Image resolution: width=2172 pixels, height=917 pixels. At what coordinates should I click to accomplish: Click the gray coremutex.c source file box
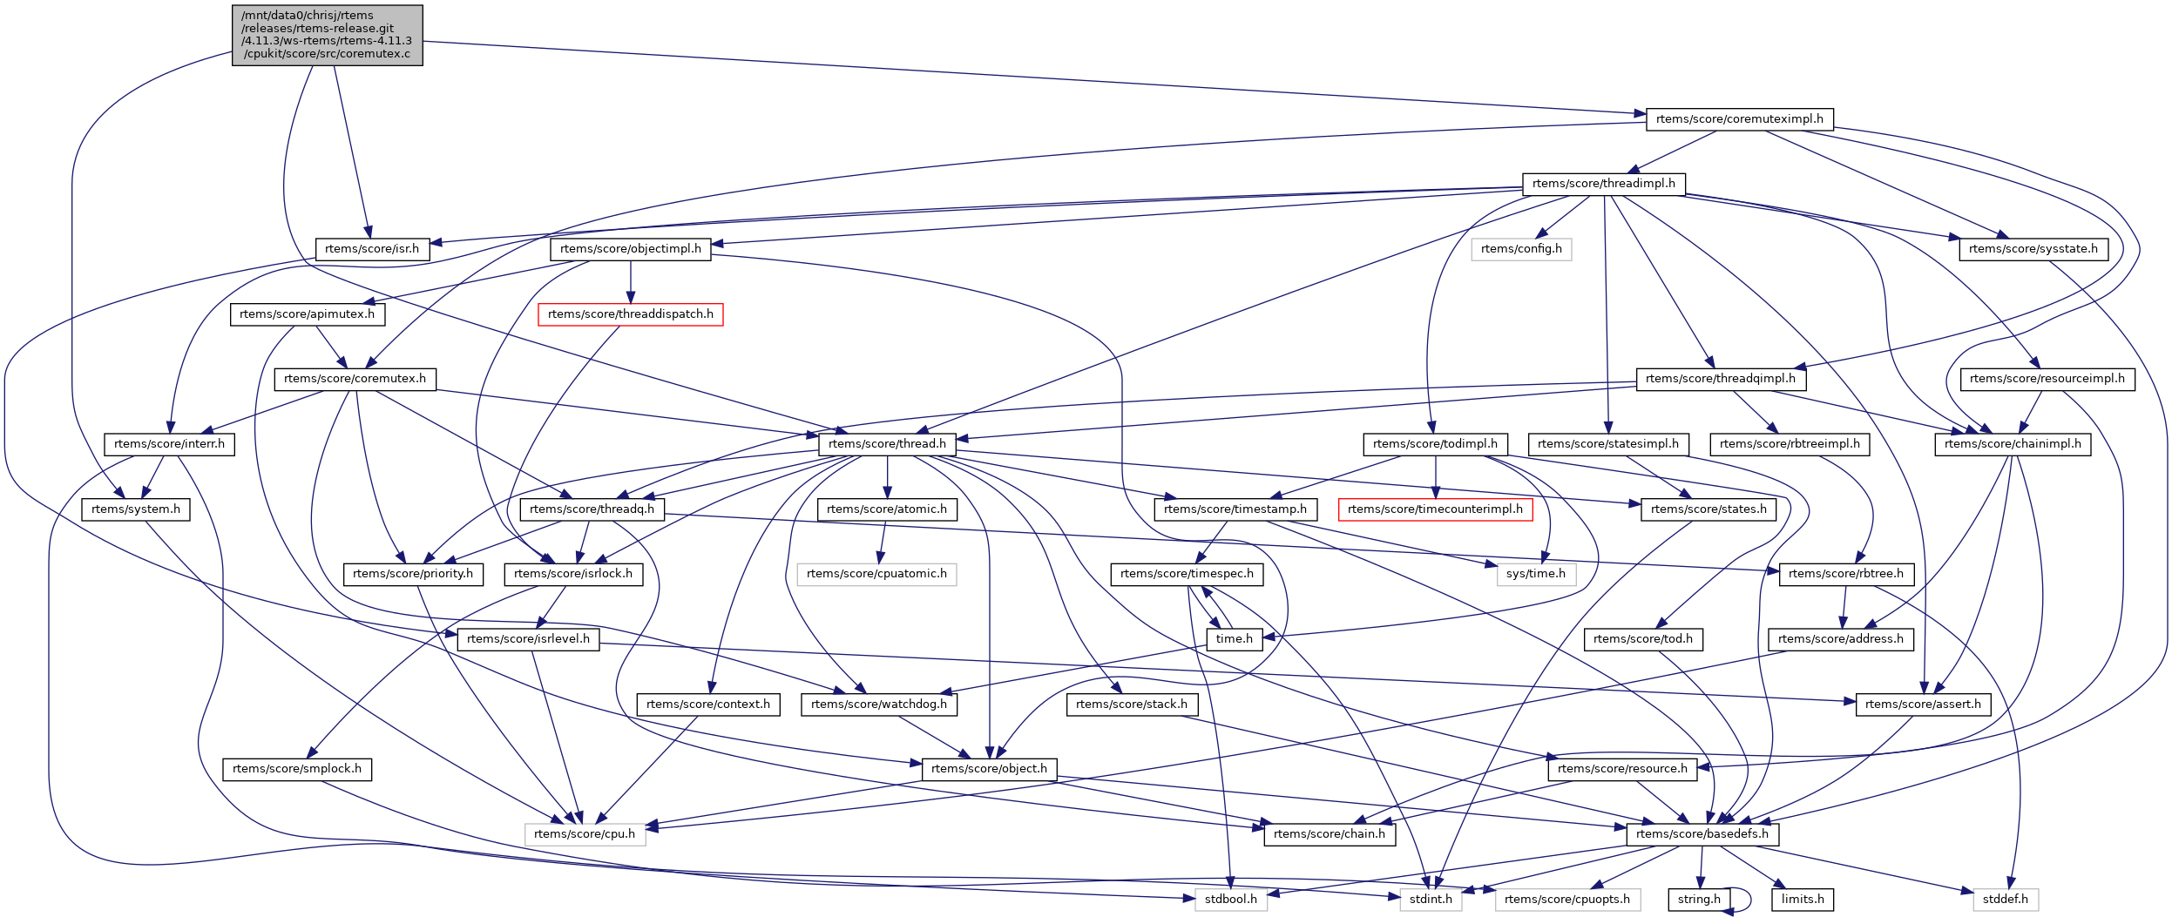click(327, 35)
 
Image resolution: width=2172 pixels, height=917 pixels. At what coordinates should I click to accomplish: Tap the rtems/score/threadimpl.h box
click(1603, 184)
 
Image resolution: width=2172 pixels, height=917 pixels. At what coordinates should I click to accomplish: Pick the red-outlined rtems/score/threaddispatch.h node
click(630, 314)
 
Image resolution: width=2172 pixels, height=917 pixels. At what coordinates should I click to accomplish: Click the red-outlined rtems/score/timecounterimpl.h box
click(1434, 509)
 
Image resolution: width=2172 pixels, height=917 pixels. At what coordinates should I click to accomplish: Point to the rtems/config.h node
click(1520, 249)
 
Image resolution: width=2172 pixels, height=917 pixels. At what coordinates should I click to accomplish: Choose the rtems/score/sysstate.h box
click(2033, 249)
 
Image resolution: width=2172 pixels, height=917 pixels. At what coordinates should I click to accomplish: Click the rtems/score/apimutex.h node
click(307, 314)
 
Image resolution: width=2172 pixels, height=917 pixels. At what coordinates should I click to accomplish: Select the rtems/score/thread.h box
click(886, 444)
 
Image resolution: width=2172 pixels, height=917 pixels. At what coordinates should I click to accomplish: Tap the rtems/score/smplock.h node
click(296, 769)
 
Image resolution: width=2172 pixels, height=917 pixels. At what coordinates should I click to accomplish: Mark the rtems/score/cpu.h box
click(585, 834)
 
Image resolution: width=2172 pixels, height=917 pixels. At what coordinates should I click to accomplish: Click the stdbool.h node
click(1230, 900)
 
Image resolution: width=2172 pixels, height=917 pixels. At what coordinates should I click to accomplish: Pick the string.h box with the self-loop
click(1698, 900)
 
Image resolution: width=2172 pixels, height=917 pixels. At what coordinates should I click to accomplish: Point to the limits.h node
click(1802, 900)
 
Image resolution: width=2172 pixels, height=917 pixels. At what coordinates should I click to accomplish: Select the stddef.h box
click(2005, 900)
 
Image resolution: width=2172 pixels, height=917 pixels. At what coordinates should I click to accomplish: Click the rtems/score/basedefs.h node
click(1702, 834)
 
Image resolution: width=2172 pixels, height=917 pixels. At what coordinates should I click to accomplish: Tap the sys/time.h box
click(1535, 574)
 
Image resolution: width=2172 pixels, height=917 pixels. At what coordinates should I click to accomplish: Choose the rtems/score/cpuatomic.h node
click(876, 574)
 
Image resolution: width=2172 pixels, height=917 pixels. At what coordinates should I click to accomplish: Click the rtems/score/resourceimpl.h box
click(2047, 379)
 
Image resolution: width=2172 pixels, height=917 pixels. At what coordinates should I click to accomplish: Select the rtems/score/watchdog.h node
click(878, 705)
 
